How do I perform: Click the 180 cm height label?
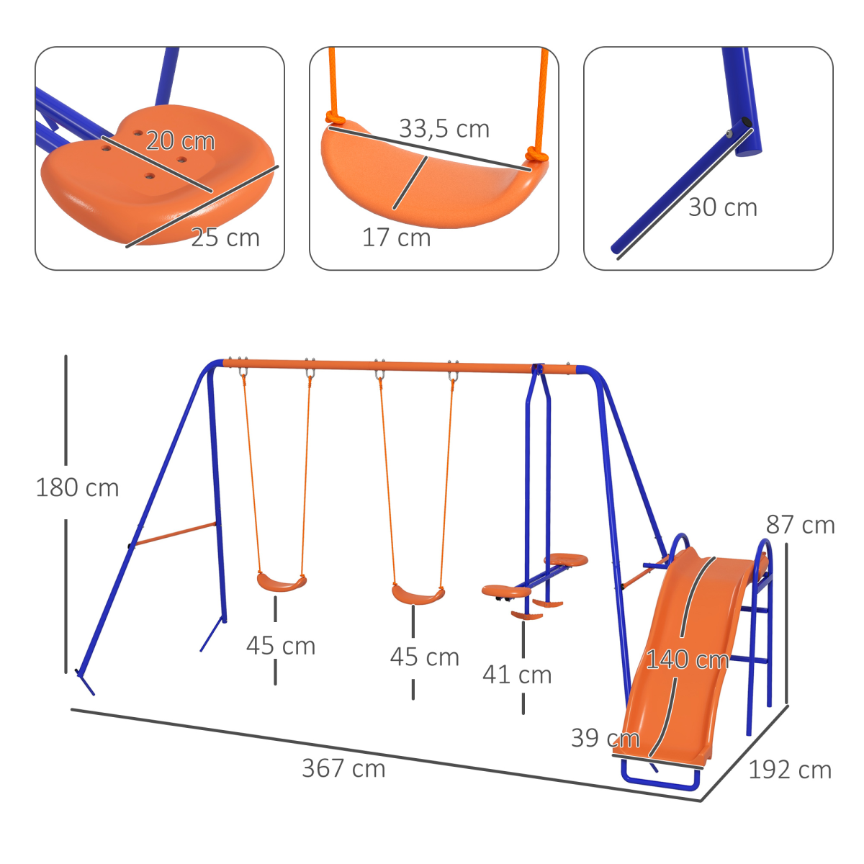(x=77, y=488)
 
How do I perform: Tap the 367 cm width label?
(x=343, y=768)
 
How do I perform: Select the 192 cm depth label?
(x=789, y=770)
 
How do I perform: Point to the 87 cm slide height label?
(x=800, y=525)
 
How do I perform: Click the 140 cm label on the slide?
(x=686, y=660)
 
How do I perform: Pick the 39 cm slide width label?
(x=605, y=738)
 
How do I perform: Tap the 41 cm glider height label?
(x=517, y=675)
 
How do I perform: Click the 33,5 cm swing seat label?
(x=444, y=129)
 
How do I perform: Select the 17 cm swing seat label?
(x=396, y=238)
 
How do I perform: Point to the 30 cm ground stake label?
(x=722, y=207)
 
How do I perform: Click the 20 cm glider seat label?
(x=180, y=141)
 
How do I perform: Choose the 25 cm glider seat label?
(x=225, y=238)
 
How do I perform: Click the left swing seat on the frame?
(x=282, y=582)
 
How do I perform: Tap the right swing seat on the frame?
(x=418, y=595)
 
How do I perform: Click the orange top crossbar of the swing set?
(x=403, y=366)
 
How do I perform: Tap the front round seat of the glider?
(x=506, y=592)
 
